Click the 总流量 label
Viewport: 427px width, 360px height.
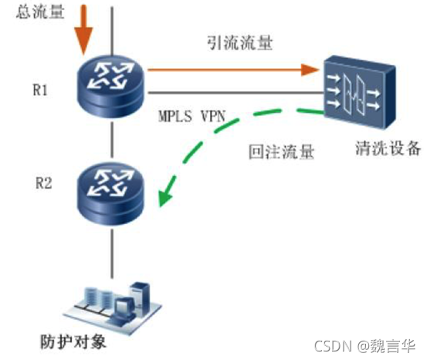(x=40, y=12)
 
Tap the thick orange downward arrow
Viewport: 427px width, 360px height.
(x=84, y=29)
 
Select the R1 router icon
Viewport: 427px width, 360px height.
(x=110, y=87)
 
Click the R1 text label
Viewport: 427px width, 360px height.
(x=40, y=90)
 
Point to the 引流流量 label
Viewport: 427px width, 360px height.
(x=239, y=43)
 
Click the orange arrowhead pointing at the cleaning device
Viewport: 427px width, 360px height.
(x=310, y=70)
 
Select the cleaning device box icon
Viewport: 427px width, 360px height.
(x=360, y=92)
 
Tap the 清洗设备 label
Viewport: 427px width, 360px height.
(x=388, y=148)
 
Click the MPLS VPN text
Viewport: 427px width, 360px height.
(x=191, y=116)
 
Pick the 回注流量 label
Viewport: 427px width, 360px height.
(x=282, y=151)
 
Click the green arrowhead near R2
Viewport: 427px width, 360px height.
(x=165, y=193)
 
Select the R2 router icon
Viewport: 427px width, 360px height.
(x=110, y=194)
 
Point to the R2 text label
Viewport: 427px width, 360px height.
(x=43, y=183)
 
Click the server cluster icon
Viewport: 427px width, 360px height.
(x=113, y=307)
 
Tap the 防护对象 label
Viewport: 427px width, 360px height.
(x=73, y=341)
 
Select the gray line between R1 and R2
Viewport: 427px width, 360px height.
(x=112, y=140)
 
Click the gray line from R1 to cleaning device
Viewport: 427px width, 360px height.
(x=236, y=93)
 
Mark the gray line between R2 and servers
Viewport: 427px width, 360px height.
(x=112, y=253)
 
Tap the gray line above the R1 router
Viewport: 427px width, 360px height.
(x=112, y=31)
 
